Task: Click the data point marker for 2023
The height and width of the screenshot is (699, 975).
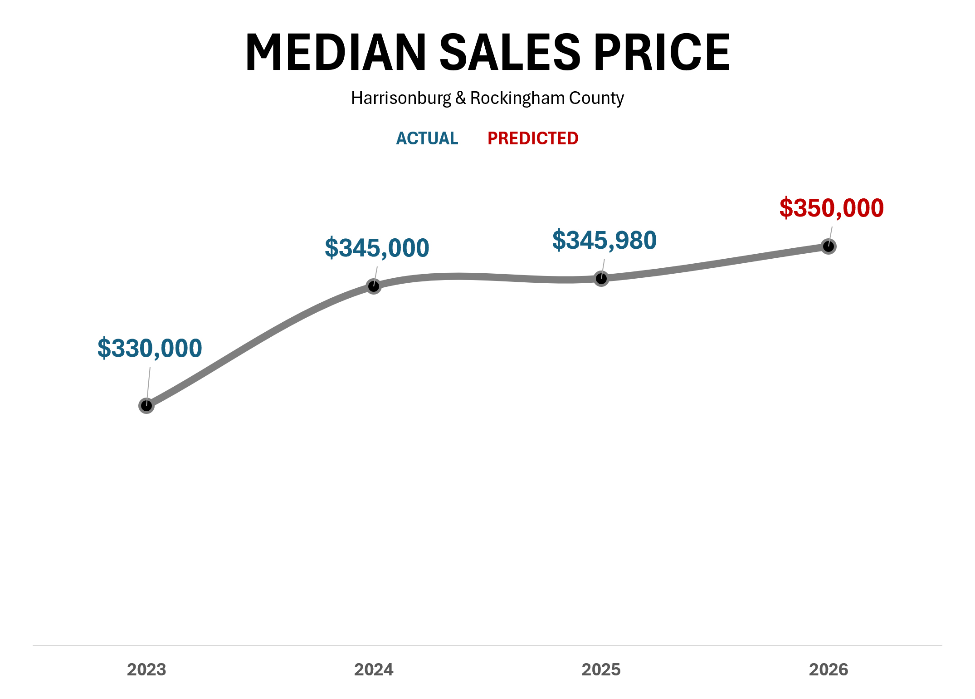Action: coord(146,405)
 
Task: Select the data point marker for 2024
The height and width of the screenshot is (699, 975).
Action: coord(374,286)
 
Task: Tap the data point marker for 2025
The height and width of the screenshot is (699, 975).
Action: coord(601,278)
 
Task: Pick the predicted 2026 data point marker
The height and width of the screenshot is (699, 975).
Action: coord(829,246)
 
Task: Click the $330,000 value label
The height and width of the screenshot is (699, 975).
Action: coord(150,349)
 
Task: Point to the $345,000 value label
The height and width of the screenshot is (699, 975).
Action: coord(377,248)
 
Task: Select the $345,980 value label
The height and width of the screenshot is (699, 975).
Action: coord(604,241)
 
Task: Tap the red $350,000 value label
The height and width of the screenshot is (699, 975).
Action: coord(832,208)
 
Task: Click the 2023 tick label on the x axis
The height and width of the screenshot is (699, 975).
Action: coord(146,670)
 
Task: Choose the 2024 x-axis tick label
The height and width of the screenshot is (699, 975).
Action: coord(374,670)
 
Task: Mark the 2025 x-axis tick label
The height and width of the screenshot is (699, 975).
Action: coord(601,670)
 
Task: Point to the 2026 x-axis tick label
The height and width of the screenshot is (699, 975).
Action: coord(829,670)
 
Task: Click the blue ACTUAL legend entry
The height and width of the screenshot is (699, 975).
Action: coord(427,138)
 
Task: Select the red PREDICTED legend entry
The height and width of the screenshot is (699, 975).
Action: coord(533,138)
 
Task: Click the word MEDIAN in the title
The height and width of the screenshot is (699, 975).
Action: coord(336,53)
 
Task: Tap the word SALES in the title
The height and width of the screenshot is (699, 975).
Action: coord(510,53)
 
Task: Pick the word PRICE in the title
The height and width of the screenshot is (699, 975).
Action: coord(662,53)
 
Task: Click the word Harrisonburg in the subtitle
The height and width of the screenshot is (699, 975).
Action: coord(401,98)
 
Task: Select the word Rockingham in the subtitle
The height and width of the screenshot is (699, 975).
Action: coord(517,98)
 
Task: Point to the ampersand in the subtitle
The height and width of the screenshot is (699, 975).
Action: coord(461,98)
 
